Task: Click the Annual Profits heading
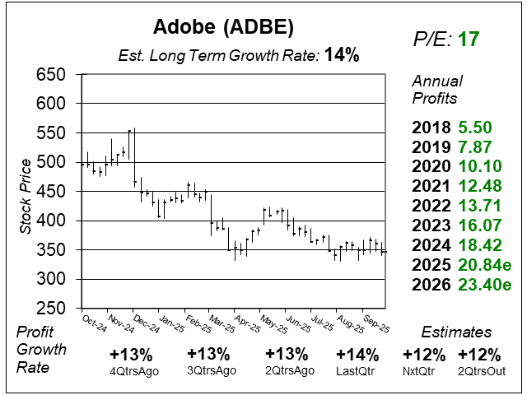pyautogui.click(x=437, y=90)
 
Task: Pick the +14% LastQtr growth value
pyautogui.click(x=357, y=355)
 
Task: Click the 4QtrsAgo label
pyautogui.click(x=130, y=370)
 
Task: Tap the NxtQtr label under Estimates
pyautogui.click(x=425, y=370)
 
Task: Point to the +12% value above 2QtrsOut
pyautogui.click(x=479, y=355)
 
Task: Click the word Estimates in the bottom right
pyautogui.click(x=456, y=332)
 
